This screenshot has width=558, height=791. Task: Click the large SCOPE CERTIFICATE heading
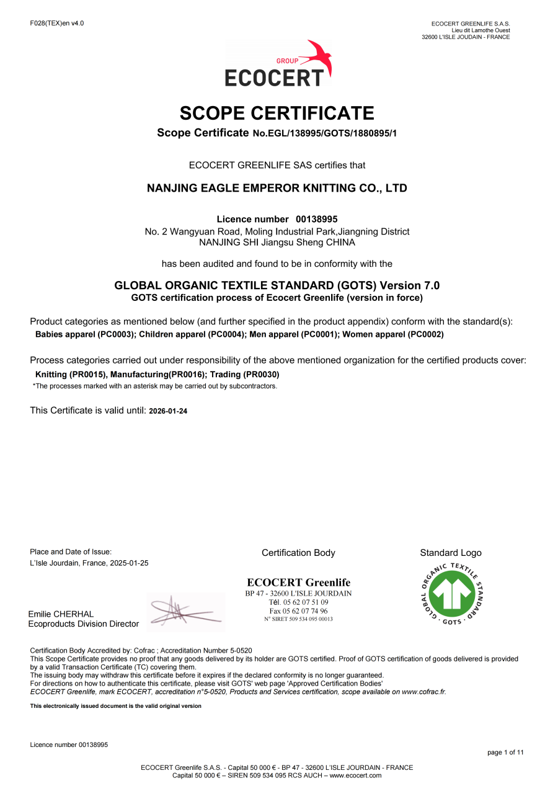[277, 114]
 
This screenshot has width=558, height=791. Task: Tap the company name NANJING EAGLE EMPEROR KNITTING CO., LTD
[277, 188]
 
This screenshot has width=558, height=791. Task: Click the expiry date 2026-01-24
[168, 411]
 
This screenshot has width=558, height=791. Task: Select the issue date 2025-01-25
[129, 563]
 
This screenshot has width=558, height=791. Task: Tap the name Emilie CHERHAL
[61, 614]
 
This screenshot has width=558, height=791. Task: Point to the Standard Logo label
[451, 553]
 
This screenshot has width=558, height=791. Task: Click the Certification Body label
[298, 553]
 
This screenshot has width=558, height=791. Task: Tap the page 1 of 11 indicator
[505, 753]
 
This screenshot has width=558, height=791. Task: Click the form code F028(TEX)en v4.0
[57, 24]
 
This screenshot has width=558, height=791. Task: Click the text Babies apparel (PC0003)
[86, 334]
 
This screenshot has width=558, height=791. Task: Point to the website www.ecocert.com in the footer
[355, 775]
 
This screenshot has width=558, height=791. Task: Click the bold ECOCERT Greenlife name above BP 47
[298, 583]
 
